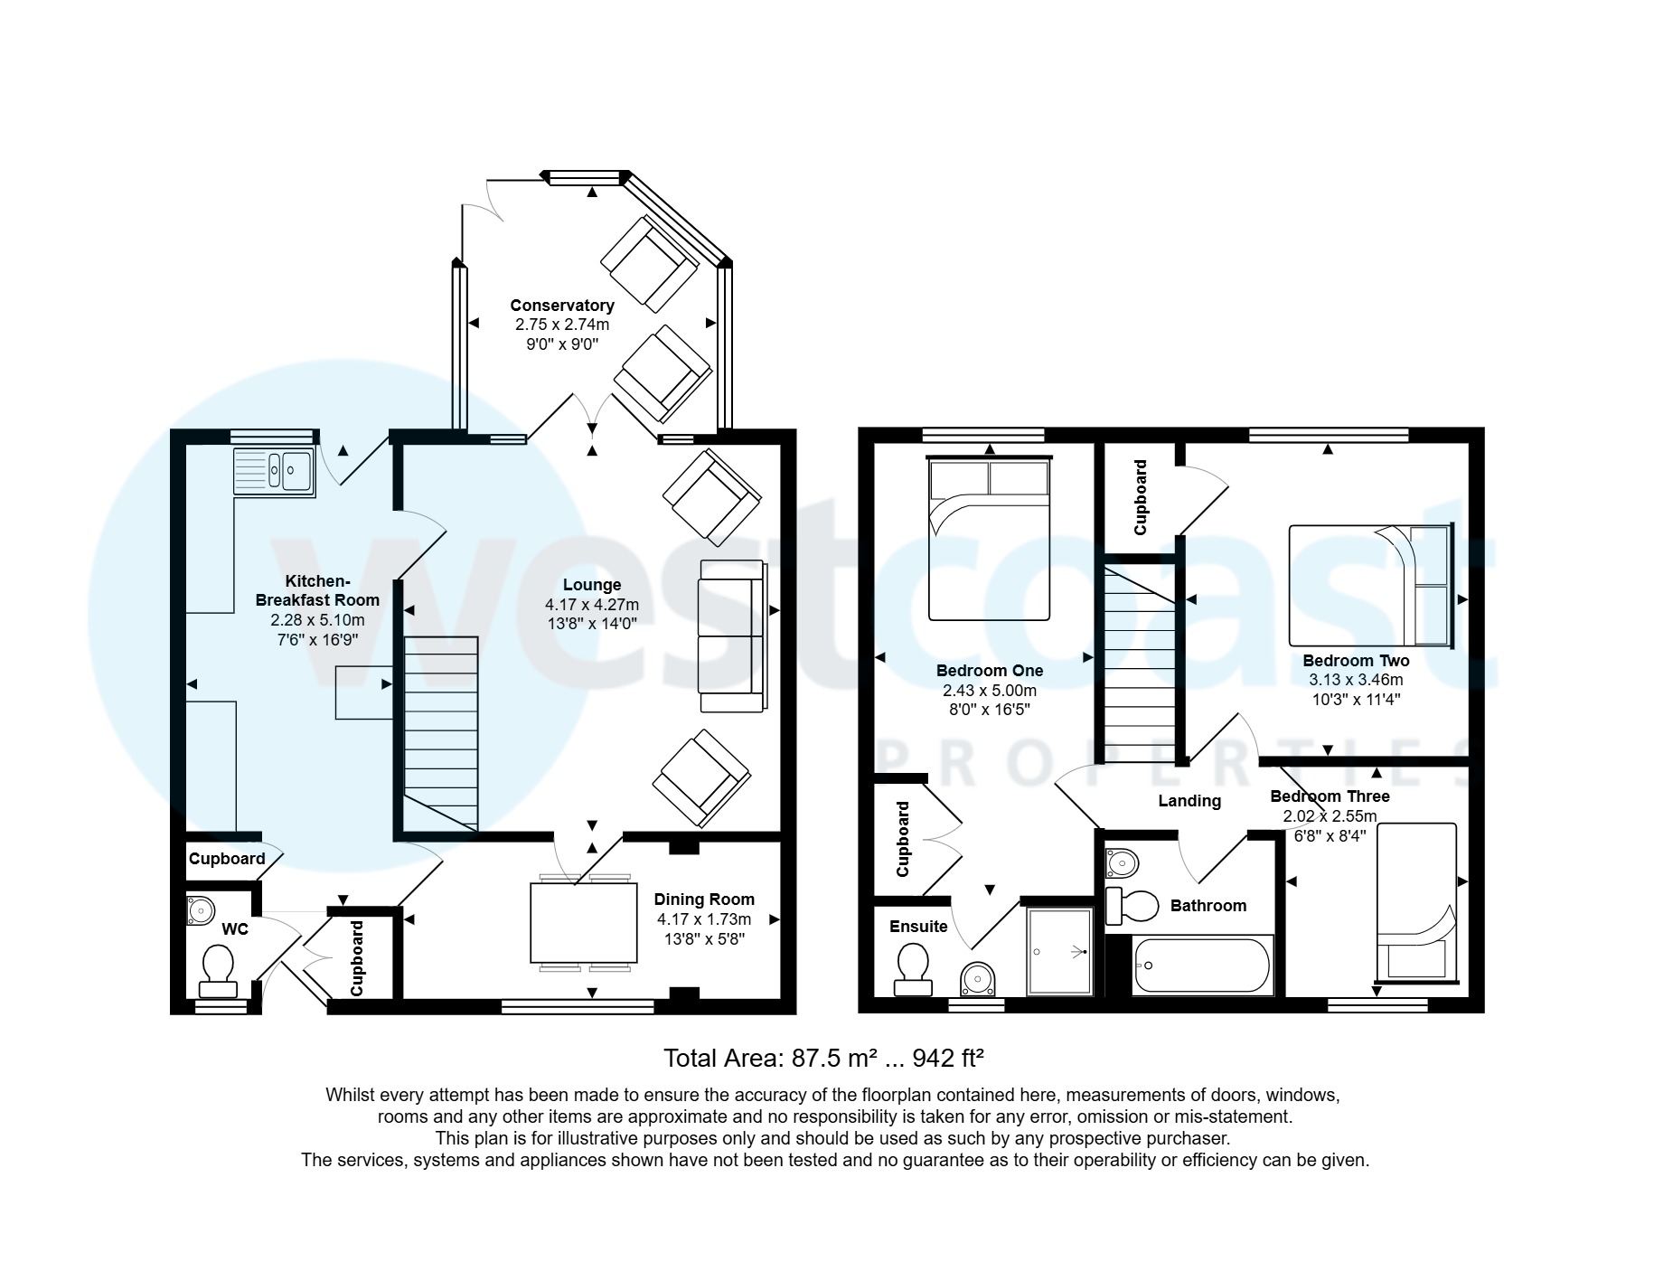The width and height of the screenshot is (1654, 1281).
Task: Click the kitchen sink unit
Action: pos(274,471)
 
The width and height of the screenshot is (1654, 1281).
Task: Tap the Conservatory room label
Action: pos(561,306)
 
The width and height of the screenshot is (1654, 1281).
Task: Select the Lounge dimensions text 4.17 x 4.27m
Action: pos(591,605)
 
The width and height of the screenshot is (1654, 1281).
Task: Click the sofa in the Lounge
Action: pos(731,635)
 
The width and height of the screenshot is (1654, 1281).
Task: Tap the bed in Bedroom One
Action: pos(990,540)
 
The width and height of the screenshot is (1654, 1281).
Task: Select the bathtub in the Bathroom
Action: pos(1201,965)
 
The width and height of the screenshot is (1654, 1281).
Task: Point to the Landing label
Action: pos(1189,801)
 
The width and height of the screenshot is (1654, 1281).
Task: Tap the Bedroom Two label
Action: pos(1355,661)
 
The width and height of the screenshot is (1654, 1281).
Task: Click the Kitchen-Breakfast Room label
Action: pos(317,590)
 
